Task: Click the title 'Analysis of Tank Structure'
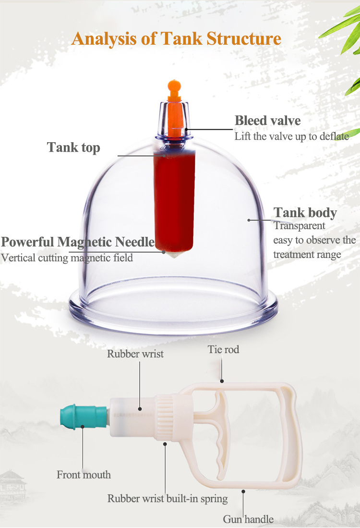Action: tap(176, 38)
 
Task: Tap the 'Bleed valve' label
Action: tap(267, 121)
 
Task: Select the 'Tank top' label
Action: tap(73, 147)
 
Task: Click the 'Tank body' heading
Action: tap(305, 212)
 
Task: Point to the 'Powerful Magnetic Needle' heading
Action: tap(78, 242)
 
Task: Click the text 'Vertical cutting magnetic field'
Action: tap(67, 258)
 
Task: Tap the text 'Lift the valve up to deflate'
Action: tap(291, 136)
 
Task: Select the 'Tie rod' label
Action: tap(223, 349)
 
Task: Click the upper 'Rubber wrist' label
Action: tap(135, 354)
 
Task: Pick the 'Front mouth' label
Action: tap(84, 475)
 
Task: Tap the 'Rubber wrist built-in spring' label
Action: tap(168, 498)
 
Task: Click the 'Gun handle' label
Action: tap(248, 519)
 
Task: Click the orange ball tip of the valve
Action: tap(173, 87)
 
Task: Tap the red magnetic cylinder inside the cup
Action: tap(173, 197)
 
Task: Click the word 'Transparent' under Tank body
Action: tap(299, 226)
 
